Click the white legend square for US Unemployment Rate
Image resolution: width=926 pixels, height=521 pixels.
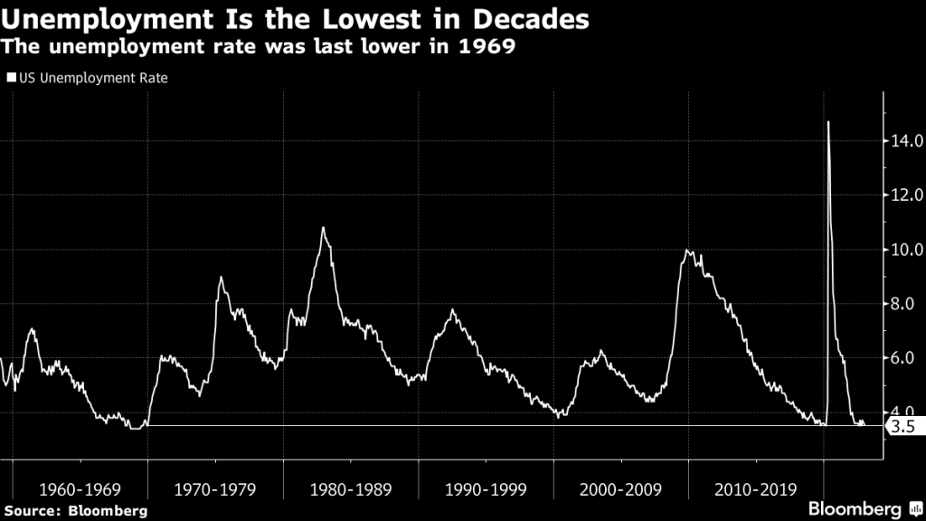[x=11, y=79]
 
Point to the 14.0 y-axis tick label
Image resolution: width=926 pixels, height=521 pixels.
[x=904, y=141]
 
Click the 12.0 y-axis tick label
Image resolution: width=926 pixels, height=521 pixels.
[x=904, y=195]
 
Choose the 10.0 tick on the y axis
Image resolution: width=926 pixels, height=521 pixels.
[x=904, y=250]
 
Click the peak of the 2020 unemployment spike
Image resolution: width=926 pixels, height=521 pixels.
[x=828, y=122]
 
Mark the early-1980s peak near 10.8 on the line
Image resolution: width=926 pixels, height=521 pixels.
[x=323, y=228]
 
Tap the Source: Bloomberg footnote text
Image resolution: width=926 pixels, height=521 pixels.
[x=76, y=510]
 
